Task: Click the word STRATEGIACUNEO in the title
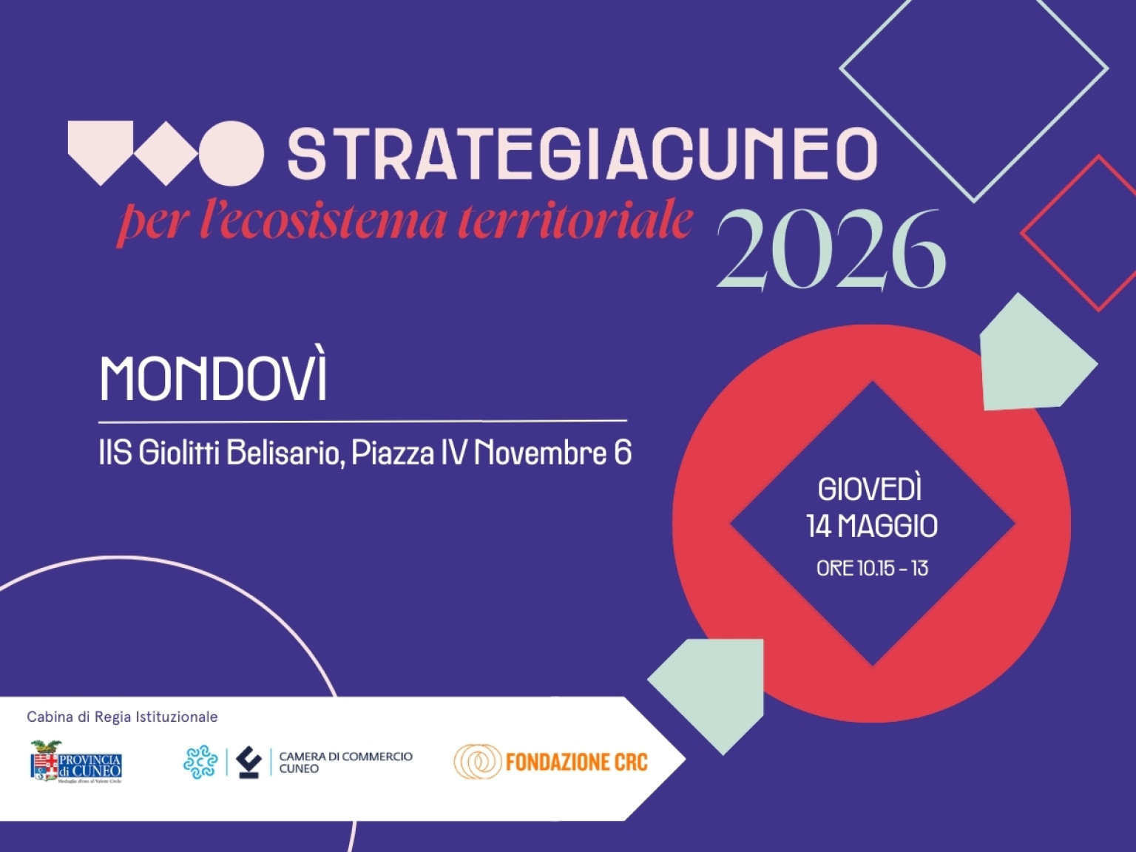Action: tap(581, 154)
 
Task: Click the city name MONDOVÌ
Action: tap(213, 379)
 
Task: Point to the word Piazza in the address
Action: tap(392, 453)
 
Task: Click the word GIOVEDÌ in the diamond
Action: tap(870, 490)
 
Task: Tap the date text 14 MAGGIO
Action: tap(872, 527)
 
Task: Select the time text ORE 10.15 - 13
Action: tap(872, 568)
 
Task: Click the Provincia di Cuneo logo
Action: tap(75, 761)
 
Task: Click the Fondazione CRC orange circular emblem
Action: tap(476, 762)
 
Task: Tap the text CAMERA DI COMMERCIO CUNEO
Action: tap(345, 762)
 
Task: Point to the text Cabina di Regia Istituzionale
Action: tap(122, 717)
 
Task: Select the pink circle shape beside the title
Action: tap(231, 153)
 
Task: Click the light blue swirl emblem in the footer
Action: tap(200, 762)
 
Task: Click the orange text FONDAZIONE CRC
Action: tap(576, 762)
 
